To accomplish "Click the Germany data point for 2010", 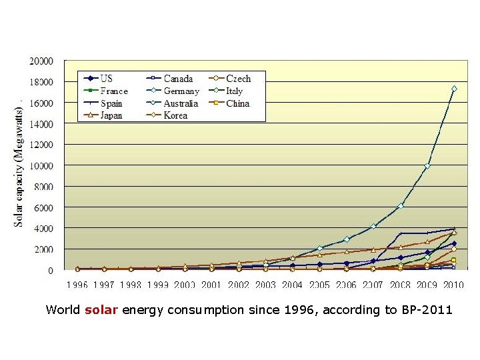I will (x=454, y=89).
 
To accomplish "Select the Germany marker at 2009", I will (x=427, y=165).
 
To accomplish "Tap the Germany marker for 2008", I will (x=401, y=206).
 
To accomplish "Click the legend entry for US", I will (x=106, y=79).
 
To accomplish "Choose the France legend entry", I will (x=113, y=91).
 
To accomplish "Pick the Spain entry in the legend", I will (x=111, y=103).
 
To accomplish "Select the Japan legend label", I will (x=111, y=115).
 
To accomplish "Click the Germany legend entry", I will (x=181, y=91).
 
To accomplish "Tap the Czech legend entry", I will (x=238, y=79).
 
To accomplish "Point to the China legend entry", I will (x=237, y=103).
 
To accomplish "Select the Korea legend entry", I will (x=175, y=115).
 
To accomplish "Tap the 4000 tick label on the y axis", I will (x=43, y=229).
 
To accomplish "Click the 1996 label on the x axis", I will (x=77, y=285).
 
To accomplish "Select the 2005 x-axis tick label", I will (x=319, y=285).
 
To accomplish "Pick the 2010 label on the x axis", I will (x=453, y=285).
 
